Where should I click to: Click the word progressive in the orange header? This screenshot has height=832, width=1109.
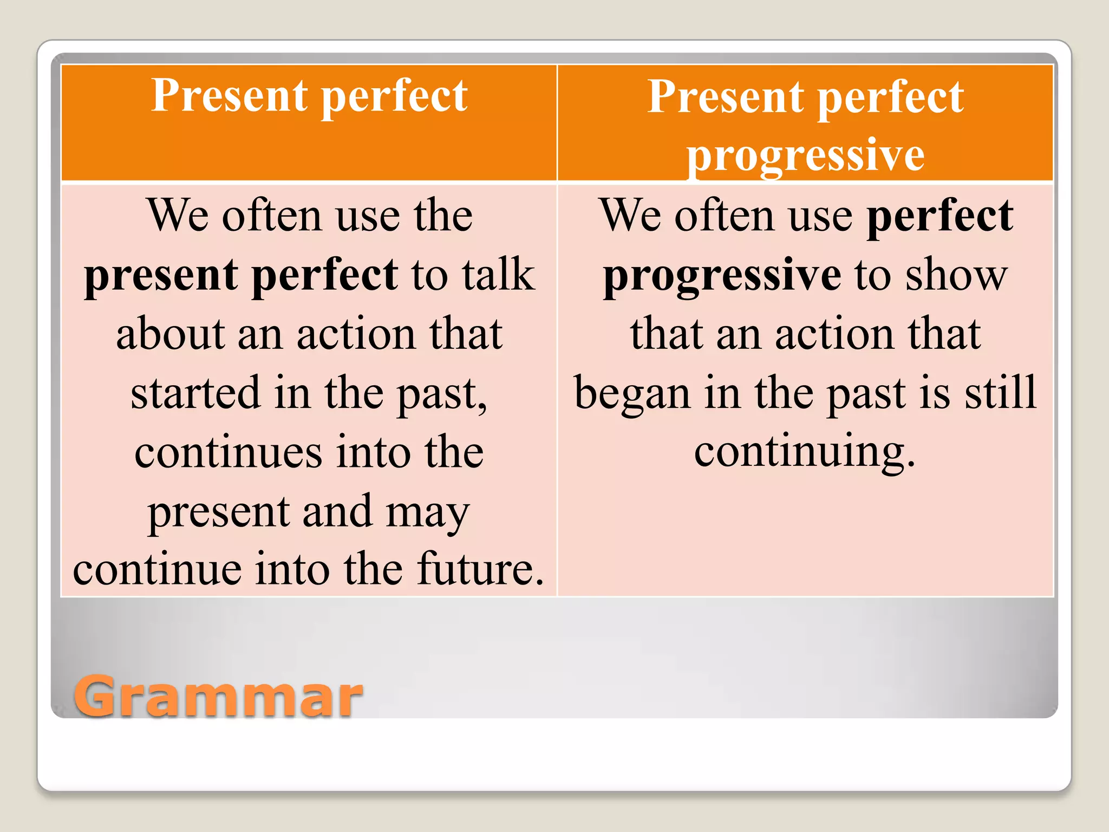(x=805, y=155)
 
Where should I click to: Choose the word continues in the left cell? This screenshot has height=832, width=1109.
(x=228, y=452)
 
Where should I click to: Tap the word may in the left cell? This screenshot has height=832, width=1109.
(x=427, y=512)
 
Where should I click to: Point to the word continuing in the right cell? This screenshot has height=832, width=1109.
(x=805, y=452)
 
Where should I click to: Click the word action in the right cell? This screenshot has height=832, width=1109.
(x=835, y=334)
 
